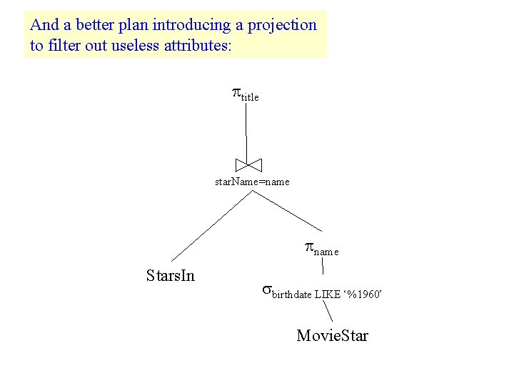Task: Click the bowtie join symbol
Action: [x=249, y=164]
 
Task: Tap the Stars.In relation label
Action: [x=170, y=275]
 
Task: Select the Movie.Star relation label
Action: [x=332, y=335]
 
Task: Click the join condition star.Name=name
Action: [x=252, y=182]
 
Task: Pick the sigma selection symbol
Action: [x=266, y=290]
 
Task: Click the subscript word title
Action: [x=250, y=96]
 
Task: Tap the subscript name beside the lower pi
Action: [x=326, y=252]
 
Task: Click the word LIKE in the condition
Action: [x=328, y=294]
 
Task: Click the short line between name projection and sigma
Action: [x=323, y=267]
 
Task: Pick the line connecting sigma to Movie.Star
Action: [x=326, y=311]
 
